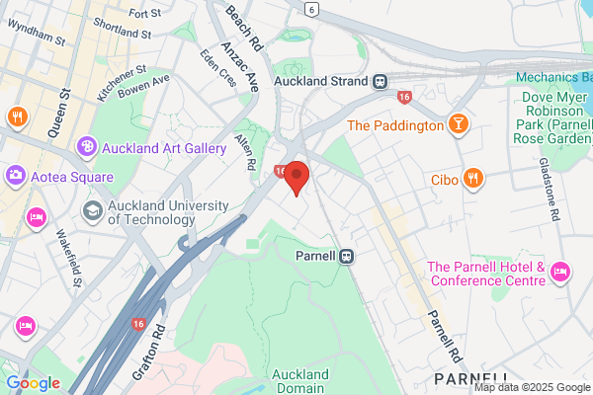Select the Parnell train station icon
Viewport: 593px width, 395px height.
pos(347,256)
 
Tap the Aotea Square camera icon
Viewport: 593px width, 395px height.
pos(16,176)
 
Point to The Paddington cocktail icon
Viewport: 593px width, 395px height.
pos(457,125)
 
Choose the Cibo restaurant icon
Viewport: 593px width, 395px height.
pos(474,180)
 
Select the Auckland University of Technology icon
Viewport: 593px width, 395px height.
pos(93,208)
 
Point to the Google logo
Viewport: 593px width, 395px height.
pos(33,383)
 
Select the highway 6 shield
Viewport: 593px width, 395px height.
pos(312,8)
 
